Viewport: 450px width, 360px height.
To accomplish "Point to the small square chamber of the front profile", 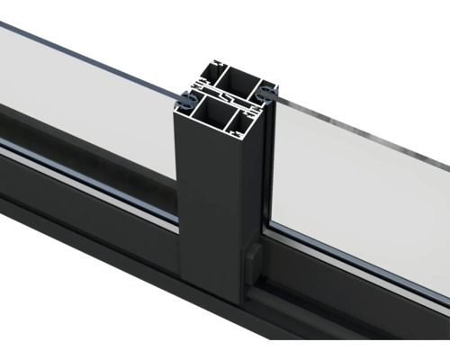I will pos(251,117).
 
